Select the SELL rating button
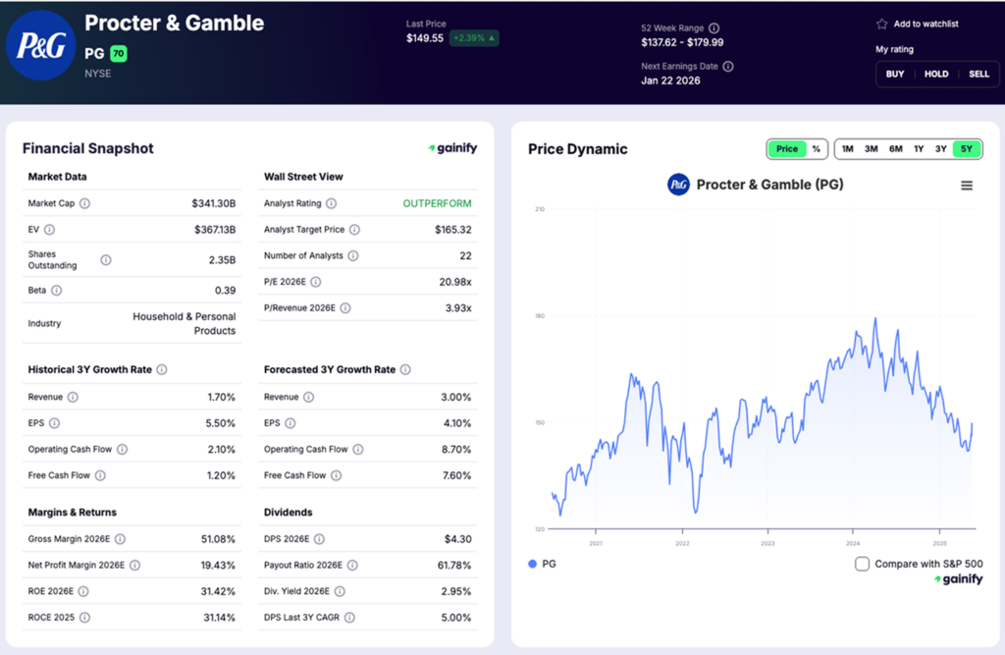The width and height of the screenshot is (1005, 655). [979, 74]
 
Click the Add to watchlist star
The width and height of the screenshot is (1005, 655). [881, 24]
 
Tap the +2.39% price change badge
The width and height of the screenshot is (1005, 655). [474, 38]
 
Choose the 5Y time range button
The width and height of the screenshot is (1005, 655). [967, 149]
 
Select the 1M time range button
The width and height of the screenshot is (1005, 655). [847, 149]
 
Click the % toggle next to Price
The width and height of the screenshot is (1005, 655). [816, 149]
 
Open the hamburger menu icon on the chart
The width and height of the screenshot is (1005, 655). [967, 186]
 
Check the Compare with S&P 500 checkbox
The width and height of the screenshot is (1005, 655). [862, 564]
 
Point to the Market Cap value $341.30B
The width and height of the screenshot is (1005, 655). [214, 203]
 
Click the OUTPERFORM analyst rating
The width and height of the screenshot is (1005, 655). [437, 203]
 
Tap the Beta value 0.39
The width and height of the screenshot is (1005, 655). [226, 291]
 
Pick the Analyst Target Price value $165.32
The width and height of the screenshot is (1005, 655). [452, 230]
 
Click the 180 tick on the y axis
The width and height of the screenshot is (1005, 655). [539, 316]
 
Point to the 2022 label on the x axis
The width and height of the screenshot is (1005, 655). [682, 543]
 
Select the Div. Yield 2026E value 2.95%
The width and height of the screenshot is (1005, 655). [455, 591]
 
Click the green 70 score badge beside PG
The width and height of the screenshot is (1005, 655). [119, 54]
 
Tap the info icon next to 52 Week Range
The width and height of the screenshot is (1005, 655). [714, 28]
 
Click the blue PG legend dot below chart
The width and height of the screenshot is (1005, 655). [533, 564]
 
